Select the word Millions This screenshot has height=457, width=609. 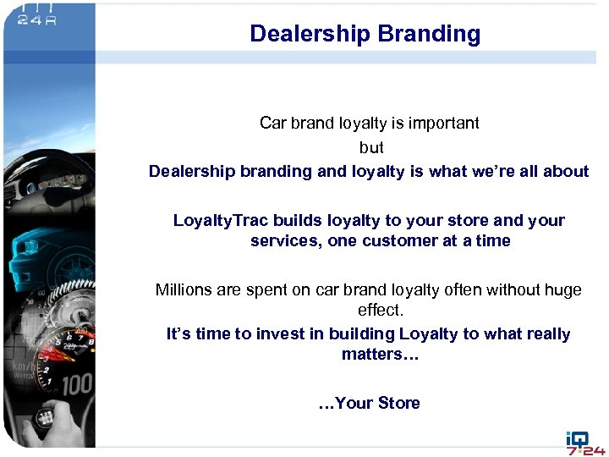pyautogui.click(x=184, y=290)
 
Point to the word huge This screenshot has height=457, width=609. pyautogui.click(x=564, y=290)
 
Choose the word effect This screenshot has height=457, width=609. pyautogui.click(x=380, y=311)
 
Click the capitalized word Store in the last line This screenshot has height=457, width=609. pyautogui.click(x=399, y=404)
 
